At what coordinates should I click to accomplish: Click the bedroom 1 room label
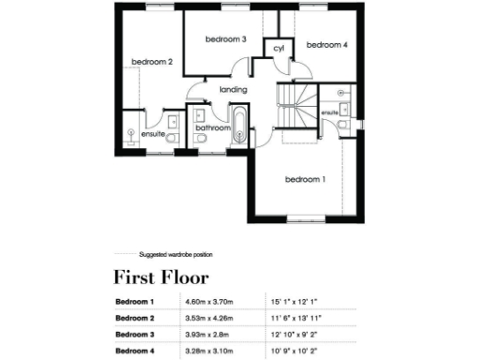(x=305, y=179)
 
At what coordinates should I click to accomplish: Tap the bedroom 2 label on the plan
(x=152, y=62)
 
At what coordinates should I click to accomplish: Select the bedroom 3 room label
(x=225, y=39)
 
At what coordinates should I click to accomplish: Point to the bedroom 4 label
(x=326, y=44)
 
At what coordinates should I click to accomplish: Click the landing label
(x=232, y=90)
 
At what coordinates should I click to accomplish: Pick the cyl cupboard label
(x=278, y=48)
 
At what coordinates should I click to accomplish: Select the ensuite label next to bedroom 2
(x=153, y=135)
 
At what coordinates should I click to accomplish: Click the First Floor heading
(x=161, y=277)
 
